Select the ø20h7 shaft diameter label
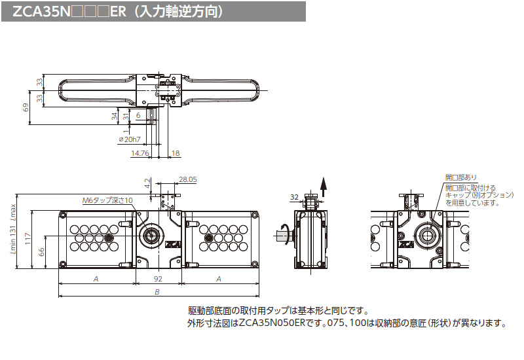click(x=129, y=139)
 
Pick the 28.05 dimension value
click(x=187, y=178)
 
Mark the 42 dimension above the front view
click(x=147, y=185)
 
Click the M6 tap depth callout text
click(x=107, y=200)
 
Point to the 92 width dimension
click(x=158, y=278)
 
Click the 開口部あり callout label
click(x=461, y=177)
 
